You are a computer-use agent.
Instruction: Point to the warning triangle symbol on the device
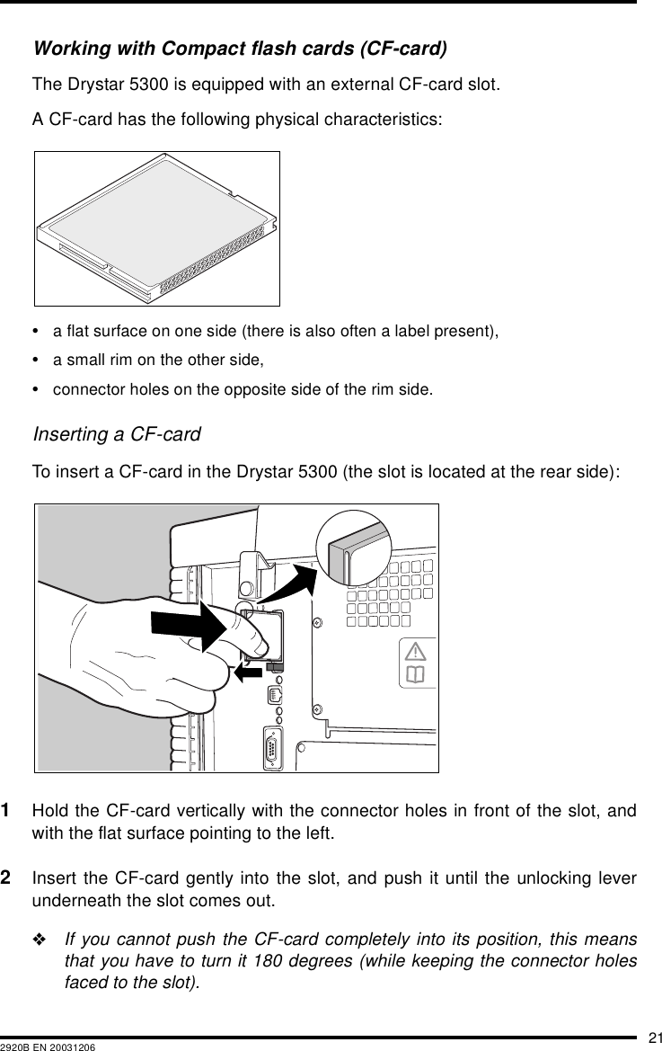416,651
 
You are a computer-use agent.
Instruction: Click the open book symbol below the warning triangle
416,674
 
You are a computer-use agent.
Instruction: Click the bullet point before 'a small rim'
40,361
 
